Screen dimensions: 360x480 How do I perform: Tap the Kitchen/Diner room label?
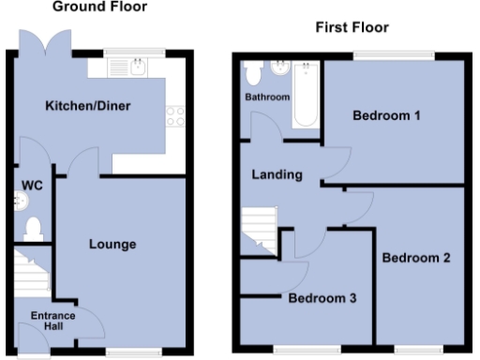click(x=87, y=105)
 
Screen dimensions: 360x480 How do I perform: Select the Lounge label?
click(x=112, y=245)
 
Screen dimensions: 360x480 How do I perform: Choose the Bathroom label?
click(x=268, y=97)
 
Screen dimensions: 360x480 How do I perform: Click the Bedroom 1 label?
click(x=385, y=116)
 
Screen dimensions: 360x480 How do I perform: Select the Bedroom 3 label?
click(x=322, y=299)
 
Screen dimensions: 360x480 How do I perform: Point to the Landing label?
click(x=277, y=174)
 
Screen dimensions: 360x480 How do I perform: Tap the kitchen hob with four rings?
click(x=173, y=115)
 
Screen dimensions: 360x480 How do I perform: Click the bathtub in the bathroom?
click(x=306, y=94)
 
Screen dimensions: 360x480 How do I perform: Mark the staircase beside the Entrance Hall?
click(x=32, y=272)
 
